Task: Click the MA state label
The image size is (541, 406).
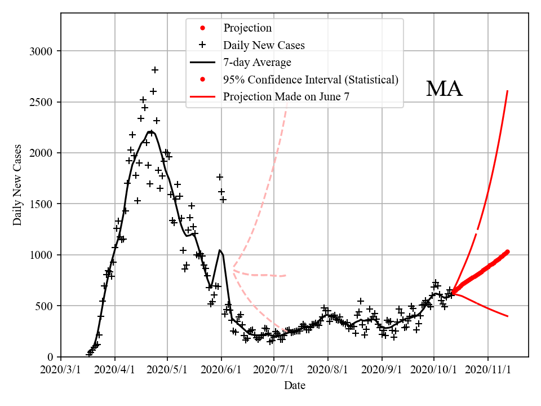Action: point(444,89)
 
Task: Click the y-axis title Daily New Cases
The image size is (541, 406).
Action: point(18,185)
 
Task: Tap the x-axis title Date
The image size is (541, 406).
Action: point(295,386)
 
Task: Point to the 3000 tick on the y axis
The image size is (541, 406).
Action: point(41,51)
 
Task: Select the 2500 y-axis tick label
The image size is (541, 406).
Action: point(41,102)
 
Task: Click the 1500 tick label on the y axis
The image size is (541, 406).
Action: point(41,204)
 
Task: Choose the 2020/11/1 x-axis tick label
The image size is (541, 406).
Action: point(488,370)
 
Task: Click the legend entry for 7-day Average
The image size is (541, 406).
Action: point(257,62)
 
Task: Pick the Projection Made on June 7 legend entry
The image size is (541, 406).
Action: point(286,96)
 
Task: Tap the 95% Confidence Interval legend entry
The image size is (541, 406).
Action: point(311,80)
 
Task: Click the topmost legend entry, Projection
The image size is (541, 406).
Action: point(247,28)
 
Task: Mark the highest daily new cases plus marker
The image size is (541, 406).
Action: point(155,70)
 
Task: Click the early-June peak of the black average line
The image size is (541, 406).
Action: point(220,250)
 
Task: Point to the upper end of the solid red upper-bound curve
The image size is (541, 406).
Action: point(508,91)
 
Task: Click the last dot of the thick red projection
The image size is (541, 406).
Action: point(508,251)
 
